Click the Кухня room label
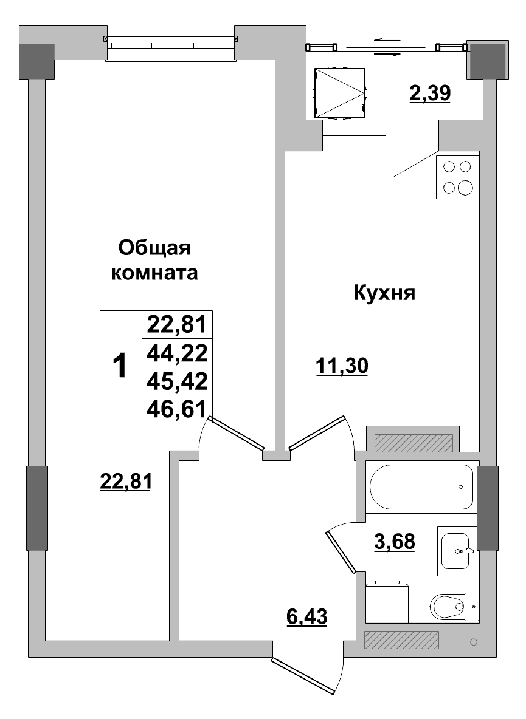(x=384, y=294)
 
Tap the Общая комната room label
(x=154, y=261)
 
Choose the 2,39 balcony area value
(x=429, y=94)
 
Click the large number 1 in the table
(x=120, y=366)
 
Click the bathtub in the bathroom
(x=421, y=487)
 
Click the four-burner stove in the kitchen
(x=457, y=177)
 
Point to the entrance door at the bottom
(x=304, y=675)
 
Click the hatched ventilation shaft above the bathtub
(x=414, y=443)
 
